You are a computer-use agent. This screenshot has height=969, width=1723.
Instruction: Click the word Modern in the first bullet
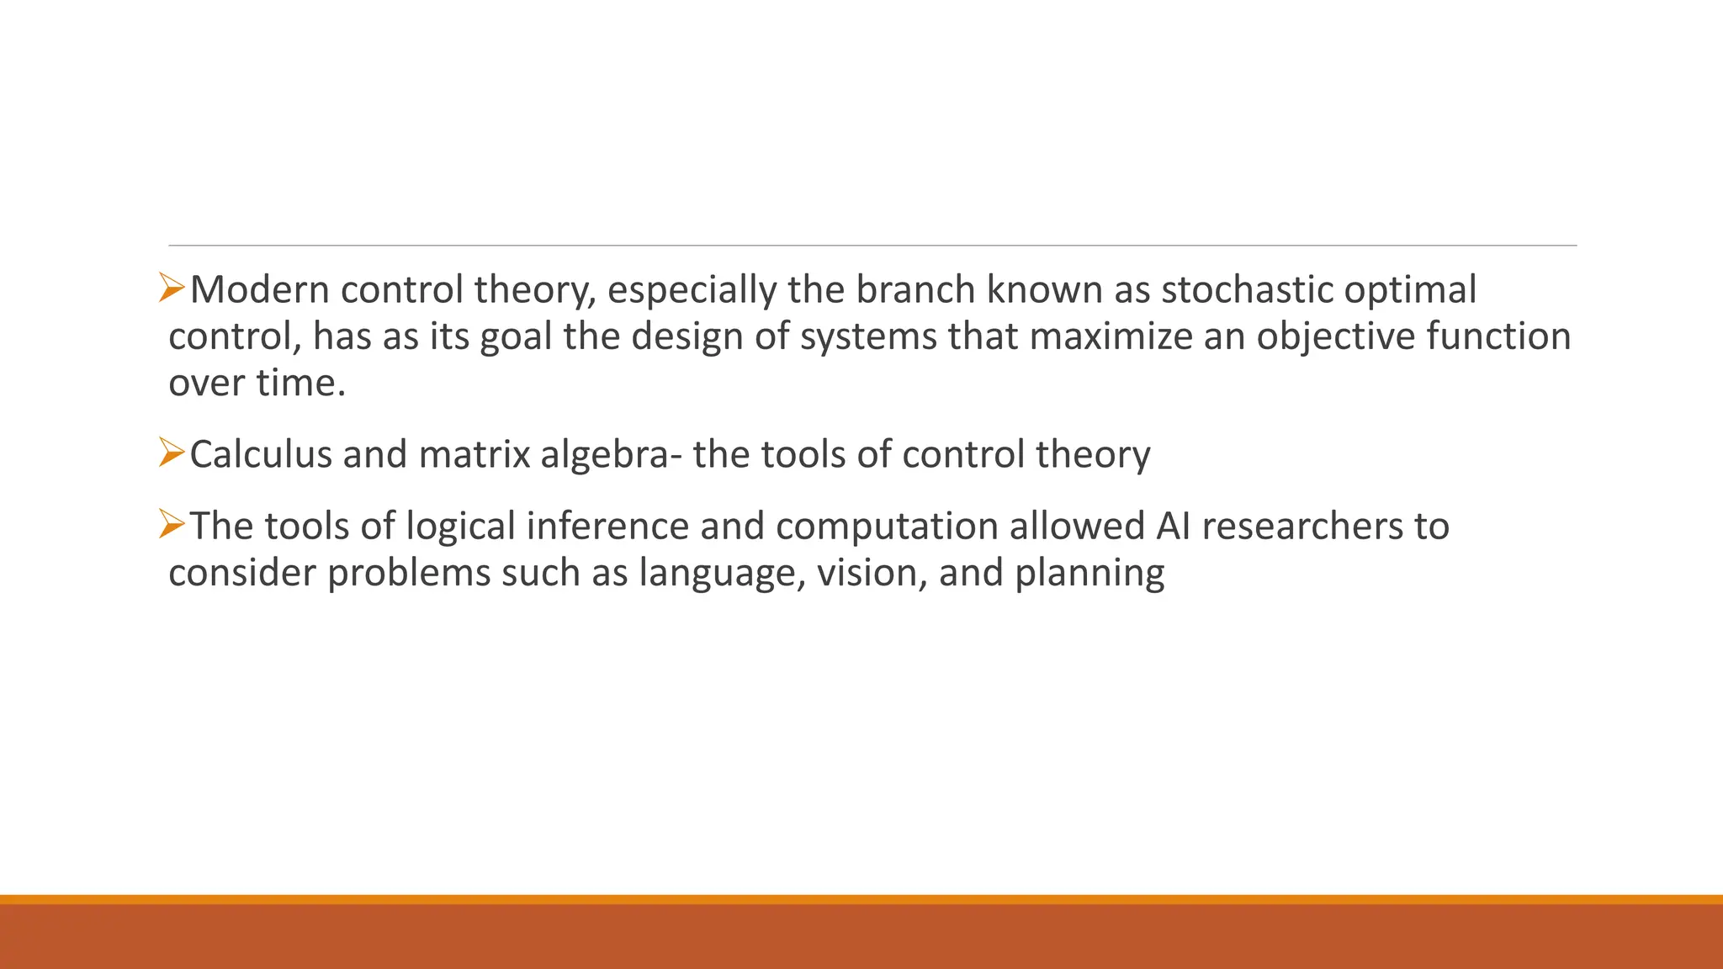(260, 290)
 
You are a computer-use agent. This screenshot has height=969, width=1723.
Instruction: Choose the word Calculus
(261, 454)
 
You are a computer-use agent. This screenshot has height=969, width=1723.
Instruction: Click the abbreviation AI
(1173, 527)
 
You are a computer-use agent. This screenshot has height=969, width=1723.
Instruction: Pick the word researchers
(1302, 527)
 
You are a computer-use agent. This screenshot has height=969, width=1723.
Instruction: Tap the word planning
(1089, 575)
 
